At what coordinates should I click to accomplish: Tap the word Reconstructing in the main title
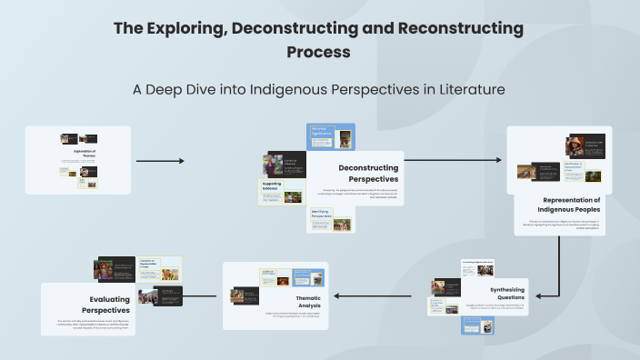tap(456, 28)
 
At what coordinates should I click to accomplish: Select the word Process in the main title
tap(318, 52)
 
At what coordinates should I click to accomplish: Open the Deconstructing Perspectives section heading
tap(368, 173)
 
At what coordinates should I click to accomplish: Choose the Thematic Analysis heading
tap(307, 300)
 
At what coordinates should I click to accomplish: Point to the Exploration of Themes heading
tap(84, 153)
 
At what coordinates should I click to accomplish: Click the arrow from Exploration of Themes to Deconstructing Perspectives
tap(160, 161)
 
